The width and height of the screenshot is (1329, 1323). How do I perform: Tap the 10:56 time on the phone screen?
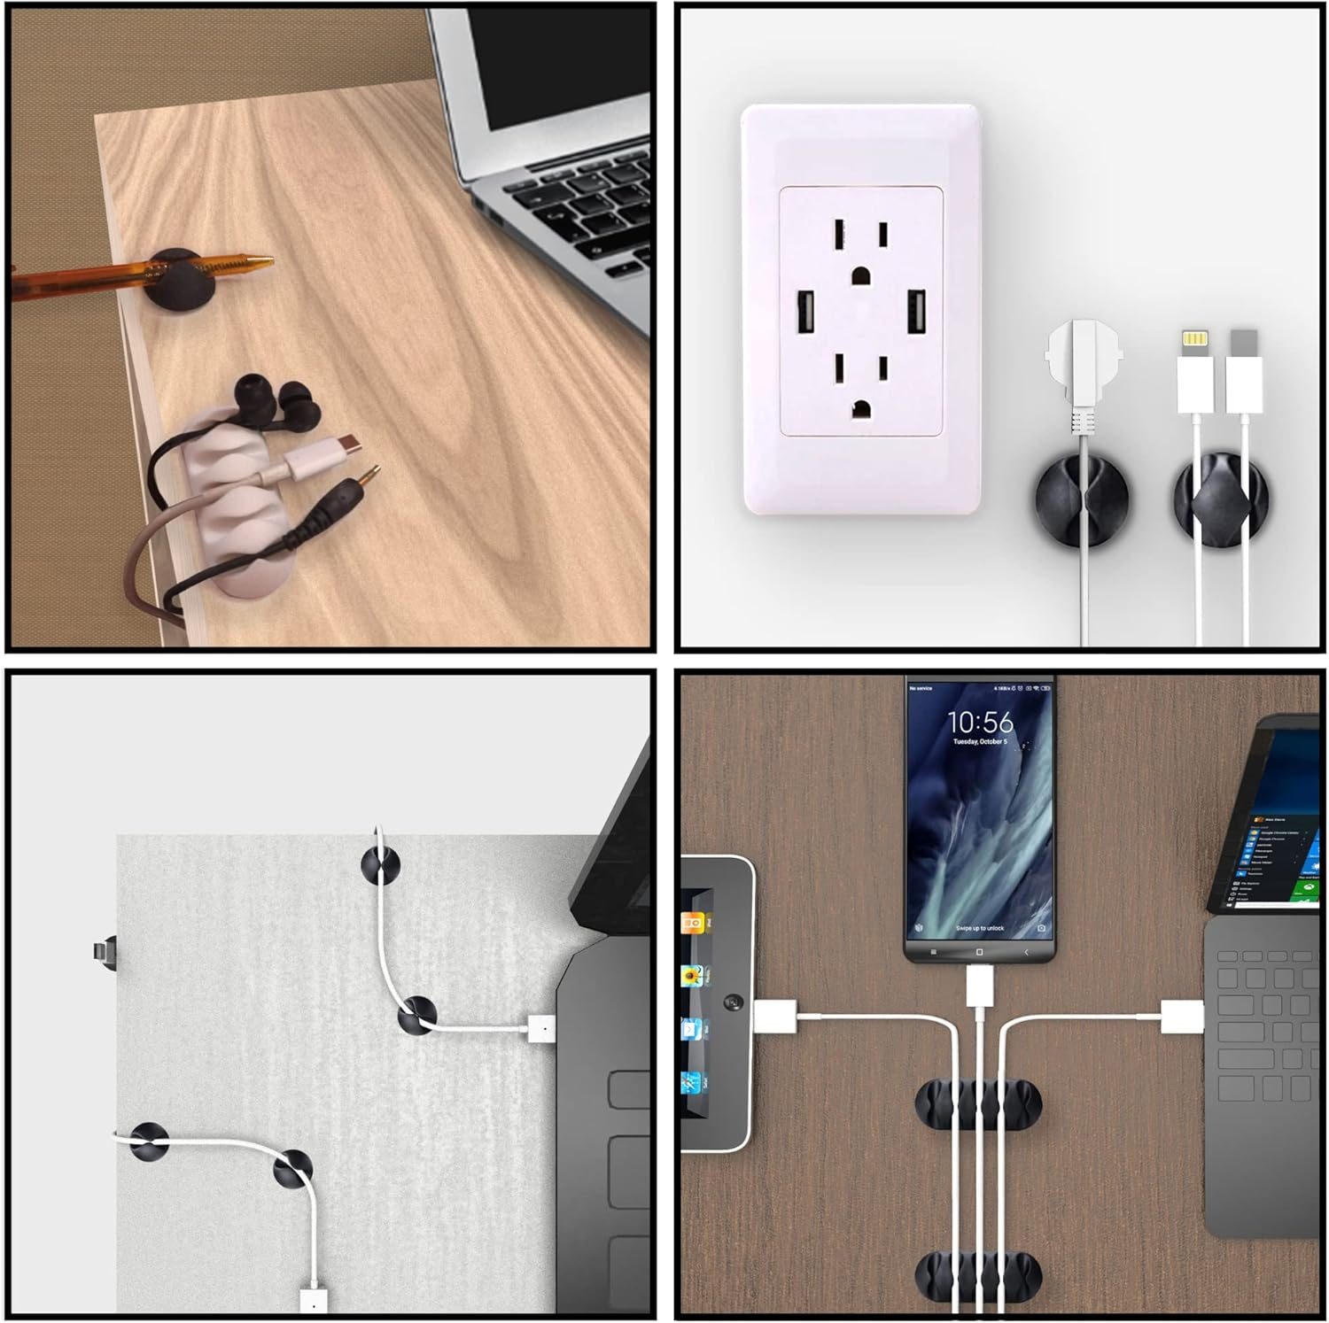[x=980, y=722]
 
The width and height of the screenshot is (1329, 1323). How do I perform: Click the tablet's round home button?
[x=733, y=1003]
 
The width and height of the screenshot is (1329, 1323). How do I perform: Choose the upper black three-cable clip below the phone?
[x=978, y=1104]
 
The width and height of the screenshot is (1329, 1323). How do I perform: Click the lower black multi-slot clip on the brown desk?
[x=978, y=1276]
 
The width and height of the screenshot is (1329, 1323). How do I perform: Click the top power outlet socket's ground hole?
[x=860, y=275]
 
